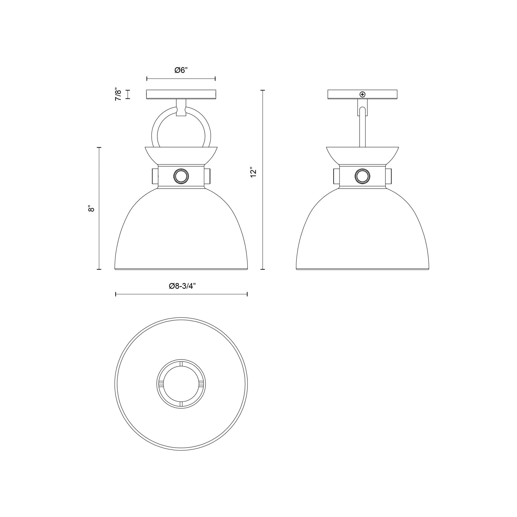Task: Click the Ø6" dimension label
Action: [x=181, y=70]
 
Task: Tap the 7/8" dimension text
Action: [x=118, y=94]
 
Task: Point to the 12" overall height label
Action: [x=253, y=173]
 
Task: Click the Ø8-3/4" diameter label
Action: [x=182, y=286]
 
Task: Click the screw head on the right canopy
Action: [x=362, y=94]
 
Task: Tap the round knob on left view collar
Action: [x=181, y=176]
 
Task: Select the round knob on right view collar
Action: [x=362, y=176]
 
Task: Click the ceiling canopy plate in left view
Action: [x=181, y=94]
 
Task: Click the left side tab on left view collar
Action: [x=155, y=176]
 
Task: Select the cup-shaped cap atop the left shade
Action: [x=181, y=155]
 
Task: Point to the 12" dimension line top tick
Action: [x=262, y=90]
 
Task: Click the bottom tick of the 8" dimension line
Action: [x=99, y=269]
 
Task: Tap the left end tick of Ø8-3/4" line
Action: [x=116, y=294]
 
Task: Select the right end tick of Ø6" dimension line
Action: [x=215, y=78]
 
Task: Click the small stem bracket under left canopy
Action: [x=181, y=108]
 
